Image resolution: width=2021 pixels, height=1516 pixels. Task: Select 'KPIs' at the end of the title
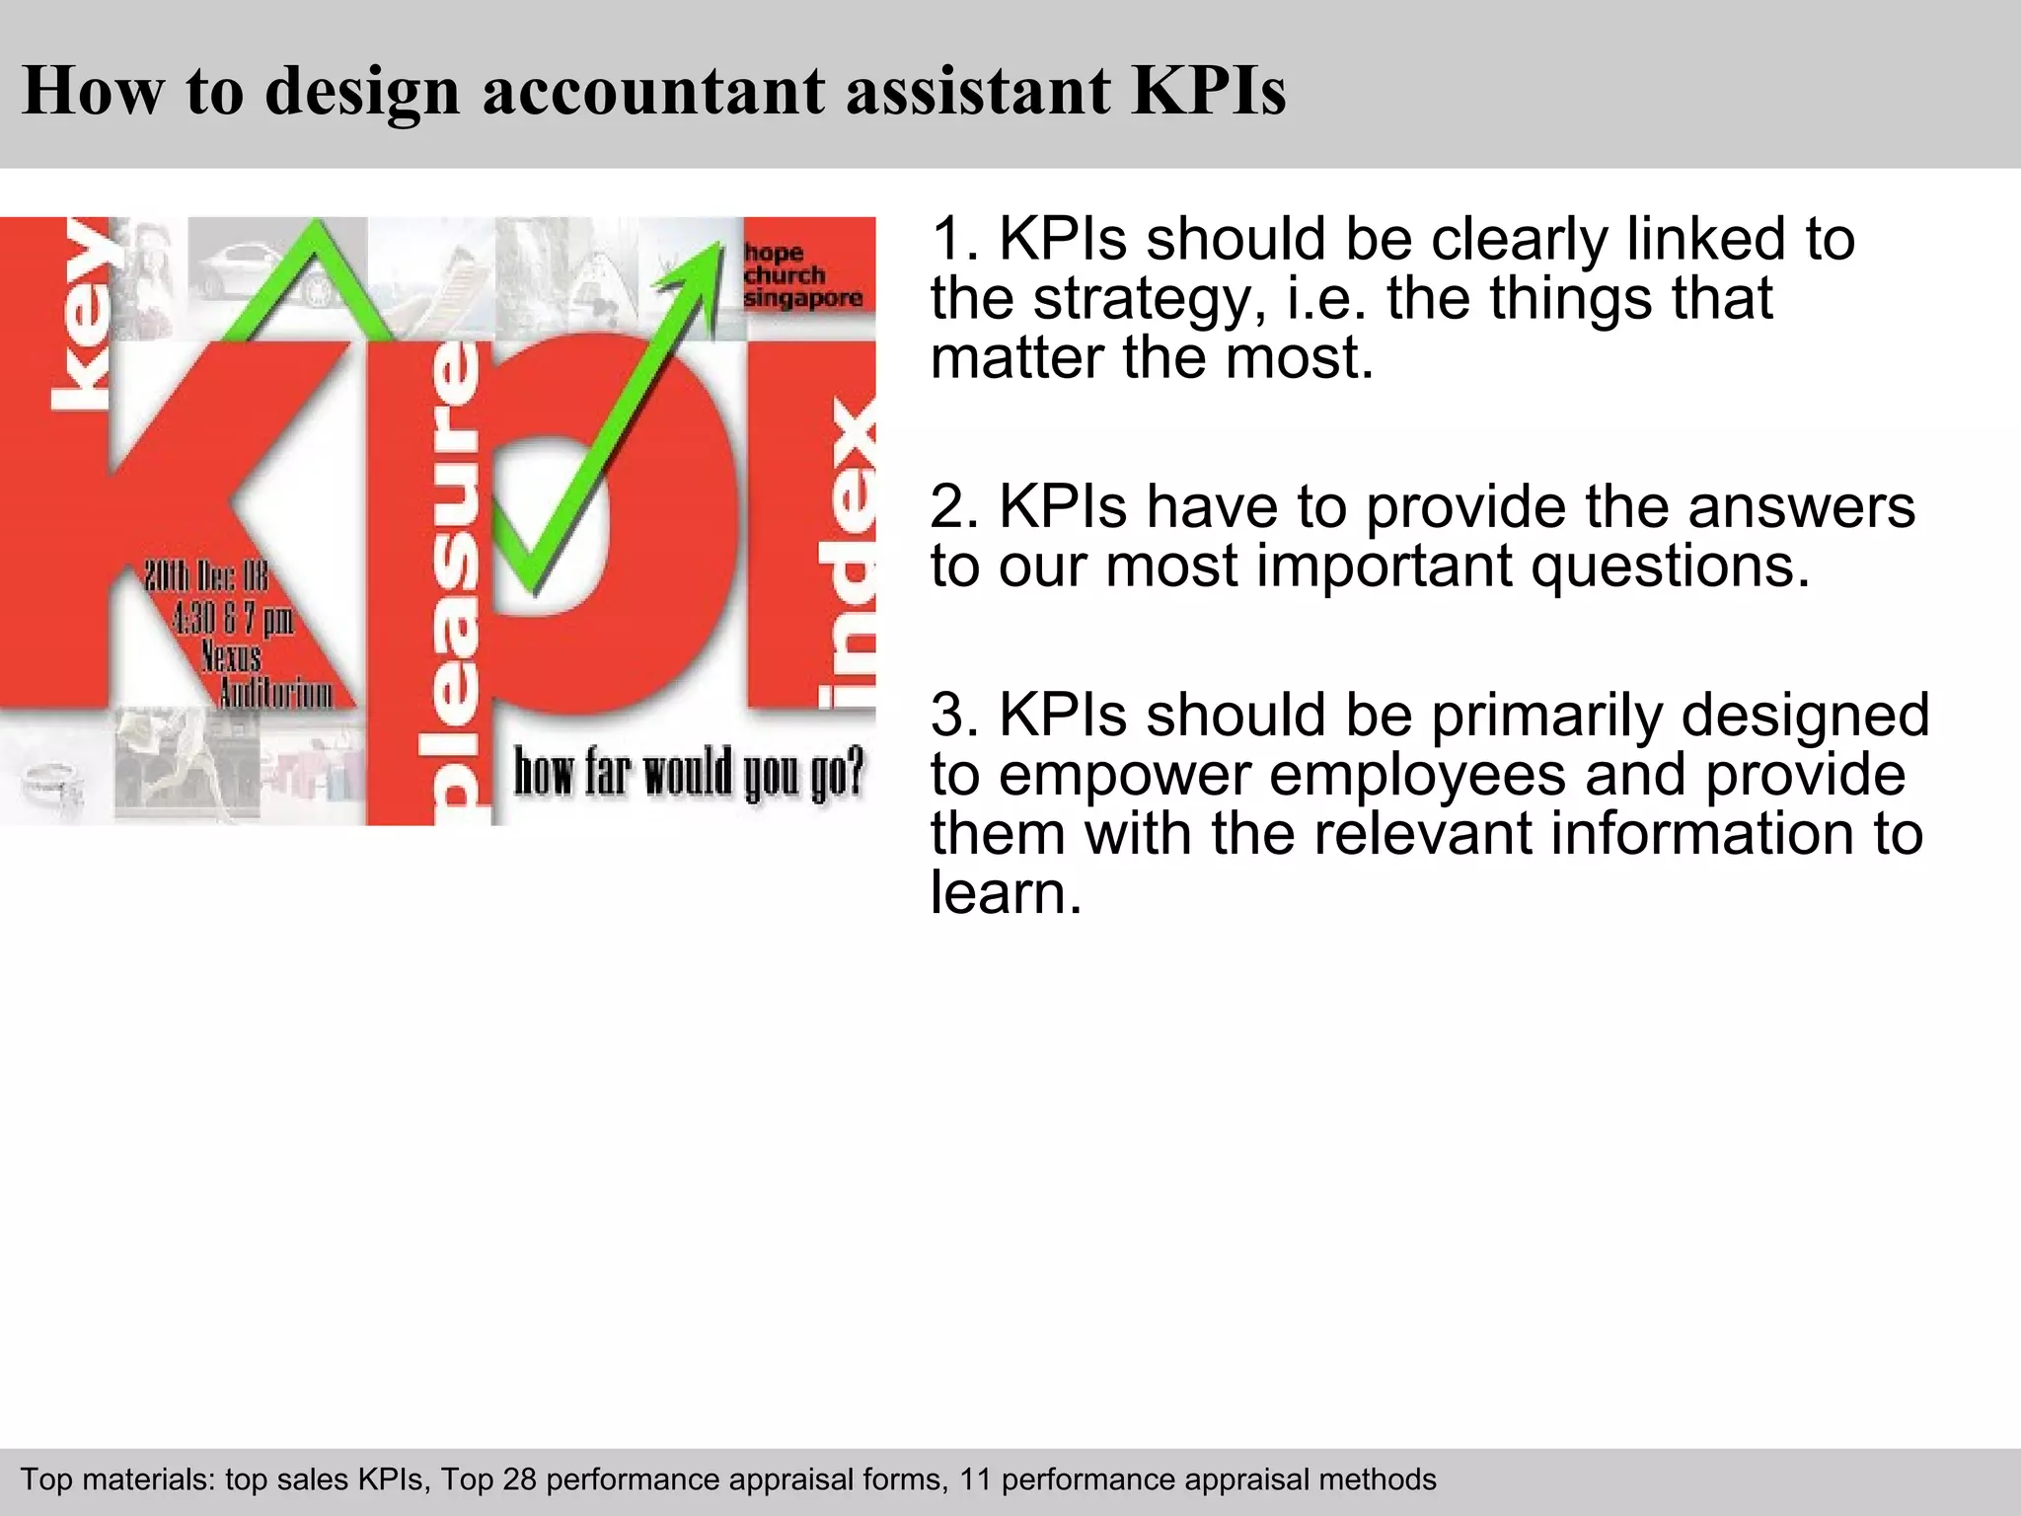click(x=1209, y=91)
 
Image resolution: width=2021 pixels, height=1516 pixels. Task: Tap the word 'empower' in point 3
click(x=1124, y=778)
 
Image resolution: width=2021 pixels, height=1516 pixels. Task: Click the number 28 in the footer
click(x=519, y=1479)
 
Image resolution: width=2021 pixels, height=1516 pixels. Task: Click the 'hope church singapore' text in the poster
click(x=802, y=276)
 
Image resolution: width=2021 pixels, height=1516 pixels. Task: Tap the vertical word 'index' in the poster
click(x=848, y=553)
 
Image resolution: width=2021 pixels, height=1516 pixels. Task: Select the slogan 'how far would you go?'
click(x=688, y=773)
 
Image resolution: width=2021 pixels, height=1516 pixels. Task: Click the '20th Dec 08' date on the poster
click(x=206, y=577)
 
